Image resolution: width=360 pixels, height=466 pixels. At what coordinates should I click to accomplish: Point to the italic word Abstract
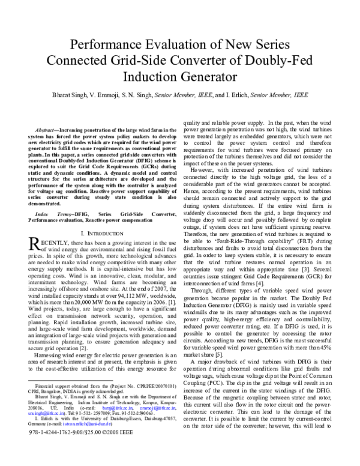coord(46,130)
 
